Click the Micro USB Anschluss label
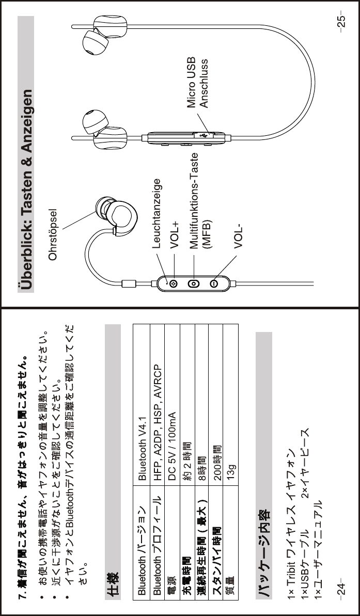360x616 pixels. [197, 82]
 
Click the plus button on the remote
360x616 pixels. [174, 283]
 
